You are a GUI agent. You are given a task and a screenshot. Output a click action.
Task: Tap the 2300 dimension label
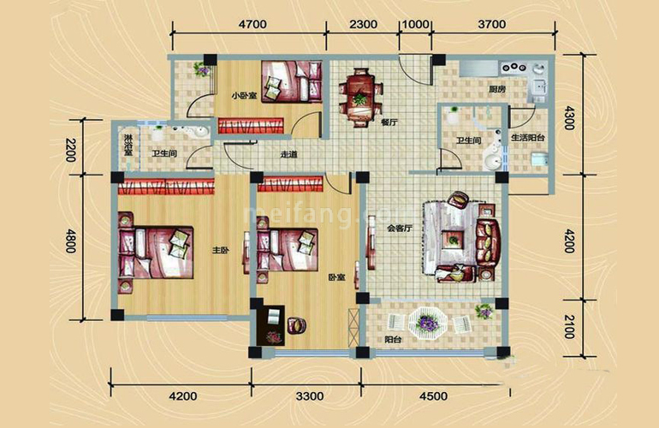coord(364,25)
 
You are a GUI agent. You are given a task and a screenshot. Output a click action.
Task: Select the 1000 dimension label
coord(415,25)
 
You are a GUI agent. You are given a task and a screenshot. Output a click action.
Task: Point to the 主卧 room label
coord(220,251)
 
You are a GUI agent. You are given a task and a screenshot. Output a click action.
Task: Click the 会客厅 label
coord(400,229)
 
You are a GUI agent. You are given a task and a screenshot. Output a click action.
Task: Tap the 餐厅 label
coord(389,122)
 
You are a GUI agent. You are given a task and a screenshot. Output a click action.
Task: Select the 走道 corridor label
coord(288,155)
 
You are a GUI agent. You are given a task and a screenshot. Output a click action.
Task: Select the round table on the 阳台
coord(426,324)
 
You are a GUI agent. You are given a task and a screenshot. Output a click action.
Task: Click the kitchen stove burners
coord(515,67)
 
